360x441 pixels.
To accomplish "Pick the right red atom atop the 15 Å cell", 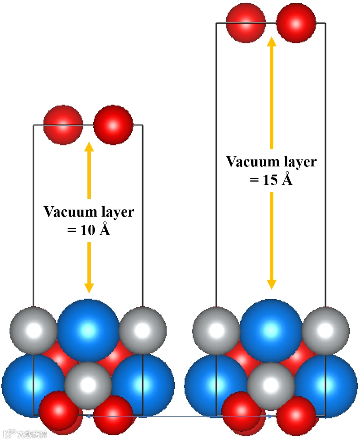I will click(x=296, y=23).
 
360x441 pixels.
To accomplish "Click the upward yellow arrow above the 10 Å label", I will click(x=89, y=170).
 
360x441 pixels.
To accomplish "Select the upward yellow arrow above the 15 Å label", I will click(x=272, y=92).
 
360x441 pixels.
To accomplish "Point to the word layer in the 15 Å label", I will click(x=299, y=162).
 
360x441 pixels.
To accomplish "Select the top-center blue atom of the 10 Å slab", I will click(x=89, y=330).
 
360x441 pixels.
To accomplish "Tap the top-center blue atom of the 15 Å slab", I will click(x=271, y=330).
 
